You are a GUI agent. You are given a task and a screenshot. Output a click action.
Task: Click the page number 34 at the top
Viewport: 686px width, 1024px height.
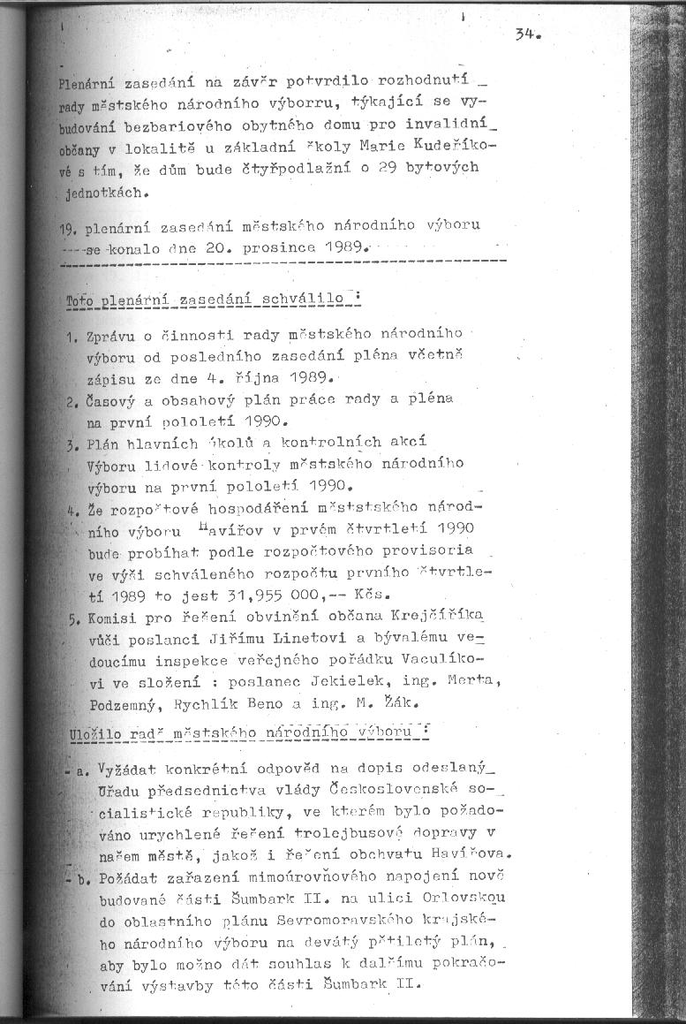pos(527,35)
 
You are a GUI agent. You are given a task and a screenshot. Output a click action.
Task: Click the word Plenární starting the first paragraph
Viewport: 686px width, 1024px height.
pos(85,86)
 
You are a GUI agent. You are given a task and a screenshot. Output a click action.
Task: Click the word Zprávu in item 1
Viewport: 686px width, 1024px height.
pos(107,338)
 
